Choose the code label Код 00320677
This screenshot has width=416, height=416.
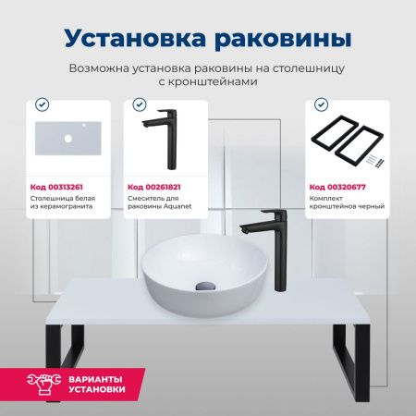coord(336,185)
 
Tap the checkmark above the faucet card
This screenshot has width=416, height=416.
coord(140,104)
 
